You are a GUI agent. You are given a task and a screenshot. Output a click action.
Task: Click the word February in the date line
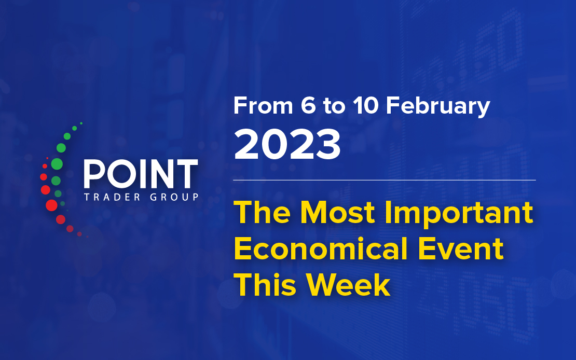pyautogui.click(x=438, y=106)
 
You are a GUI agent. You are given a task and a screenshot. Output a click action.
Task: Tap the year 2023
pyautogui.click(x=287, y=145)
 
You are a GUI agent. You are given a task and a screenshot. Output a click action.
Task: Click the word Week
pyautogui.click(x=348, y=285)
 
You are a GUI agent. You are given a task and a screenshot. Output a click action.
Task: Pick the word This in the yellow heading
pyautogui.click(x=265, y=285)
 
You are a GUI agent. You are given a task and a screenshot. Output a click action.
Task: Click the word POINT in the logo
pyautogui.click(x=141, y=174)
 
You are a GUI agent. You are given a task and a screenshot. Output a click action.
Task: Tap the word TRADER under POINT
pyautogui.click(x=112, y=197)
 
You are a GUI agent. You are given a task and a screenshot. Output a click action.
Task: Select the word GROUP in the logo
pyautogui.click(x=174, y=197)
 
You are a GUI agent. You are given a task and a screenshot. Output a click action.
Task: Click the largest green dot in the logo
pyautogui.click(x=57, y=164)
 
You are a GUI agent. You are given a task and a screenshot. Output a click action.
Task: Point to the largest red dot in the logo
pyautogui.click(x=51, y=205)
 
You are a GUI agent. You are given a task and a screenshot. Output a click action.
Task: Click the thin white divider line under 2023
pyautogui.click(x=384, y=181)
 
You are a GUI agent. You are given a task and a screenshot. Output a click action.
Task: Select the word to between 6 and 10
pyautogui.click(x=334, y=106)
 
